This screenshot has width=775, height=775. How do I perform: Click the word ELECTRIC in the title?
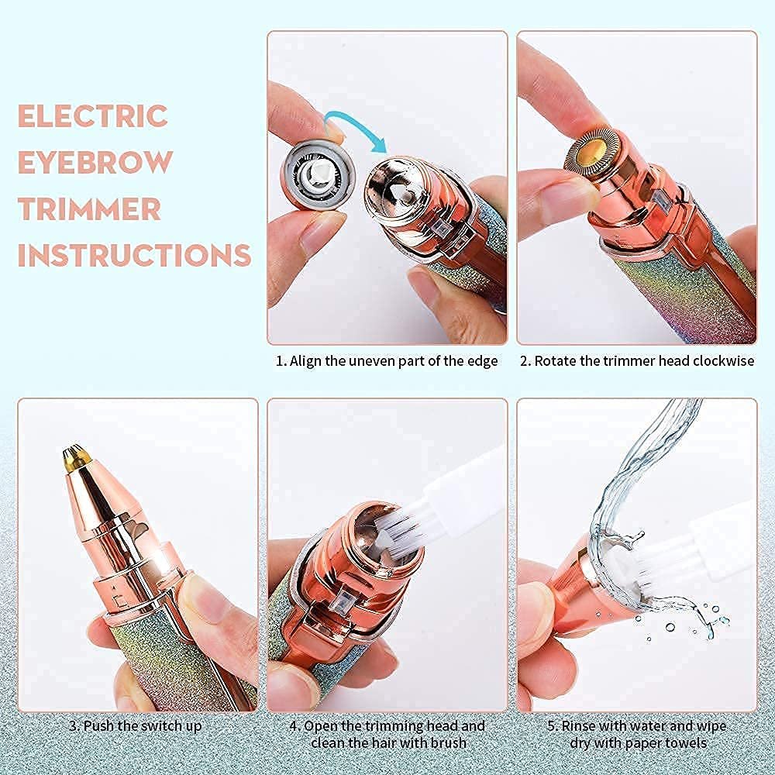(92, 116)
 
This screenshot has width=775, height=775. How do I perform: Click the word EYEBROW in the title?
(95, 163)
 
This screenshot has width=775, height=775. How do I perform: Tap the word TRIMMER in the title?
(90, 209)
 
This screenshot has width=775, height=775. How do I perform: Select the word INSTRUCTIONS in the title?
(134, 255)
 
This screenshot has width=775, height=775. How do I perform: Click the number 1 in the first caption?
(281, 361)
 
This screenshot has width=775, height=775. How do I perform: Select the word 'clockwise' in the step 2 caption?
(721, 361)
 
